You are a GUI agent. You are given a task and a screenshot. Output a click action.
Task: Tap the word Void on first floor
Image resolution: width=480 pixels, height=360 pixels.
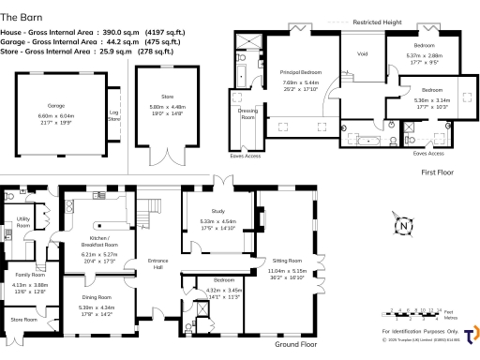tap(362, 53)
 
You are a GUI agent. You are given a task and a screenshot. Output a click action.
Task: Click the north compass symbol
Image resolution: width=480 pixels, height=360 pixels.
tap(401, 225)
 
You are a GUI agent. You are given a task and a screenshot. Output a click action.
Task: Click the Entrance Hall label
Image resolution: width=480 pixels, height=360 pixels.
tap(156, 264)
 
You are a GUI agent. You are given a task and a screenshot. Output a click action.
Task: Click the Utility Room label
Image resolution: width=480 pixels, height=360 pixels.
tap(23, 223)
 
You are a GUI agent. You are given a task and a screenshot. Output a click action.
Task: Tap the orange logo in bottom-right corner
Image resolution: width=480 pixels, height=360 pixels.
tap(468, 336)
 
